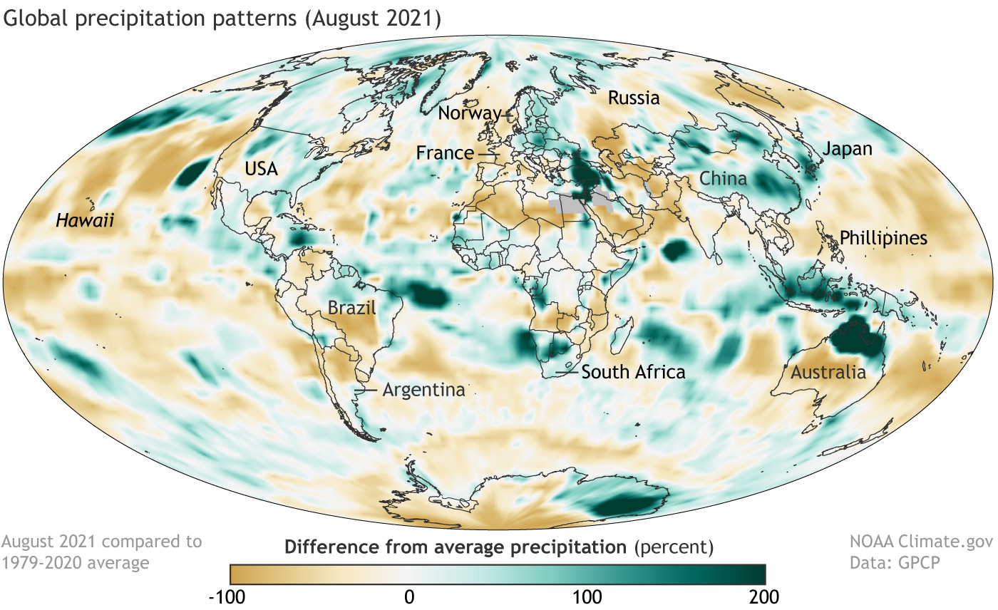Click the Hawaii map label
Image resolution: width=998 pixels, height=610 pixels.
pos(86,222)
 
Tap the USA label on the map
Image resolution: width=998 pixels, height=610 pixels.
pos(261,169)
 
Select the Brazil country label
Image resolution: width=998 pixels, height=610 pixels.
pos(351,309)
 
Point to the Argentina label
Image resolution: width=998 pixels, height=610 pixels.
pos(423,390)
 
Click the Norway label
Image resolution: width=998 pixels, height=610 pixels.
pos(470,113)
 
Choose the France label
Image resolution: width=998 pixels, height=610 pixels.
pos(446,152)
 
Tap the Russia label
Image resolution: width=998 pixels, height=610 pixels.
pos(634,98)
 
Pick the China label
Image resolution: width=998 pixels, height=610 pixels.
pos(723,178)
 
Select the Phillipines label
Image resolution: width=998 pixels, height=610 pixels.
pos(883,238)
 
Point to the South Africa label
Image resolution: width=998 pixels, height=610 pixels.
pos(633,371)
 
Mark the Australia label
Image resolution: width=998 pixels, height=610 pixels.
pos(828,372)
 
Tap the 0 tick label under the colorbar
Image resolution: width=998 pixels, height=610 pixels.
pos(408,595)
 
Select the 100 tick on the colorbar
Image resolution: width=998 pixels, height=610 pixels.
pos(587,595)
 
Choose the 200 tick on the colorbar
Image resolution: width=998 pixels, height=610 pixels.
pos(763,595)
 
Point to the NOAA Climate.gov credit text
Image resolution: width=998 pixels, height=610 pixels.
pos(922,542)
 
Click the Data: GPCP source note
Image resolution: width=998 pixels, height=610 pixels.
pos(894,562)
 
